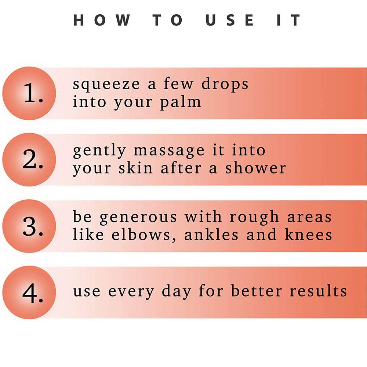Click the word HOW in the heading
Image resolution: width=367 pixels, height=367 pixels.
pos(102,20)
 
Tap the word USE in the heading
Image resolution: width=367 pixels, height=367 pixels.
pos(230,20)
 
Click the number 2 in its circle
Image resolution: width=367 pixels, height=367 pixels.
pos(33,159)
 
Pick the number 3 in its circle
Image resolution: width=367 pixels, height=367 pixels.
pos(33,226)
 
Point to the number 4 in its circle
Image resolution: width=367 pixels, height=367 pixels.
pos(33,293)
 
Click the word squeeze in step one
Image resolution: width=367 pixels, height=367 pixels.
pos(106,84)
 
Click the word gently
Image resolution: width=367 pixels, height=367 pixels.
pos(99,151)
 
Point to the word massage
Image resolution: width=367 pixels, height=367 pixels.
pos(169,151)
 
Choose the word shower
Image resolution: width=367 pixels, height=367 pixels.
pos(255,168)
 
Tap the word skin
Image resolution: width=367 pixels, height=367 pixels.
pos(135,168)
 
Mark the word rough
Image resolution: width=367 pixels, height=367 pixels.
pos(254,217)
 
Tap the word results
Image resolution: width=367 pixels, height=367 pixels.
pos(318,291)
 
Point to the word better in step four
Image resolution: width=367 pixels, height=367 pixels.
pos(256,291)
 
